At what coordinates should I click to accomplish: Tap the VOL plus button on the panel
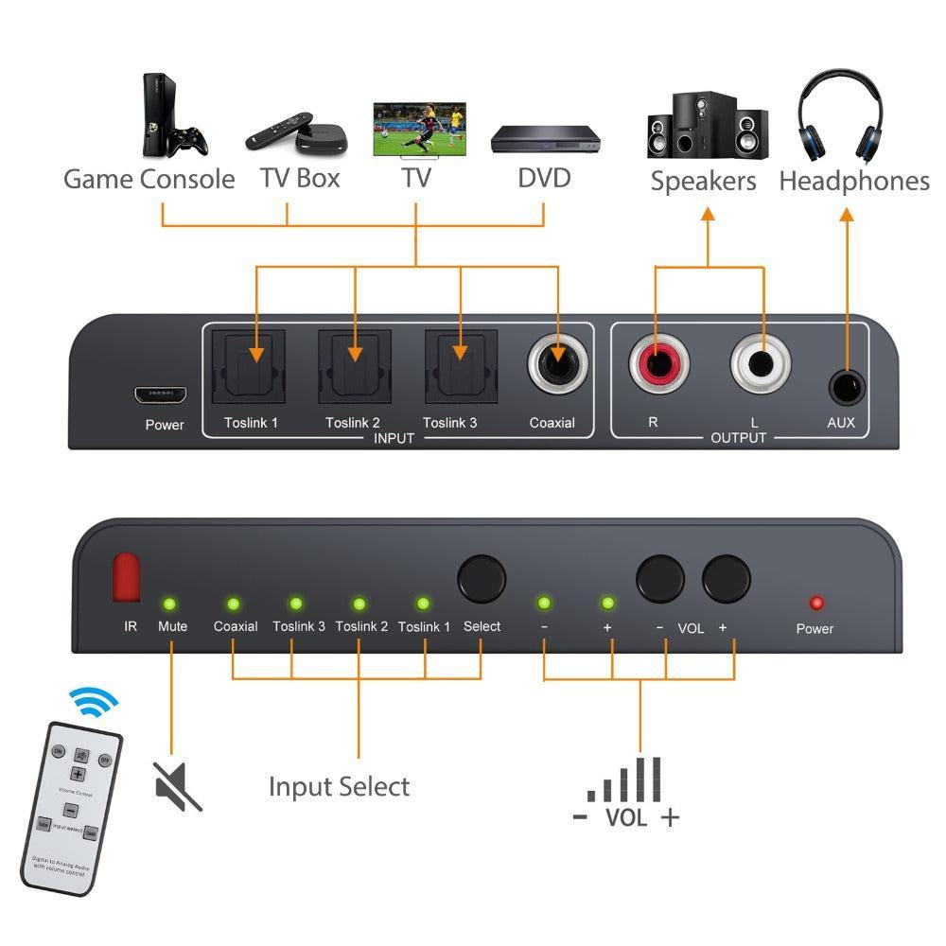pyautogui.click(x=726, y=576)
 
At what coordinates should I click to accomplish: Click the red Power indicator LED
pyautogui.click(x=815, y=604)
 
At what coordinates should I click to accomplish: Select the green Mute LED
pyautogui.click(x=171, y=604)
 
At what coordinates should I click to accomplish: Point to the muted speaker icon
pyautogui.click(x=177, y=785)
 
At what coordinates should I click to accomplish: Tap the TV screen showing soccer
pyautogui.click(x=418, y=130)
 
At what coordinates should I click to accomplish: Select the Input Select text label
pyautogui.click(x=339, y=787)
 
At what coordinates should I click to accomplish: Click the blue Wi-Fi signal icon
pyautogui.click(x=94, y=701)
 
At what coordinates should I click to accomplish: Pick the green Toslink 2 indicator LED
pyautogui.click(x=359, y=604)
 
